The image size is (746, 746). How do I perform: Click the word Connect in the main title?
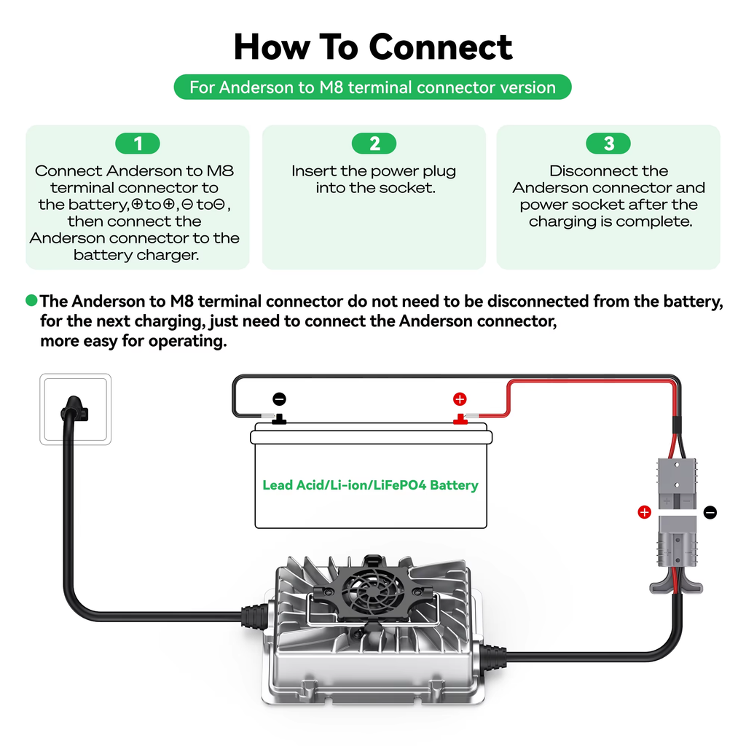coord(440,47)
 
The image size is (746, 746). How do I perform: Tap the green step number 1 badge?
coord(138,144)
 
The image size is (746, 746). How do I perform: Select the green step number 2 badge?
coord(374,144)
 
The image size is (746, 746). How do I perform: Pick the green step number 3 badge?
coord(608,144)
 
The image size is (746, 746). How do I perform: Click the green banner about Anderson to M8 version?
coord(372,87)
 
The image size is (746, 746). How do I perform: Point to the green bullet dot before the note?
coord(31,300)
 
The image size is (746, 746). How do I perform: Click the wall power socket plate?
coord(76,409)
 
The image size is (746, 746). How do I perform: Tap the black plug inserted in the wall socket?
coord(74,410)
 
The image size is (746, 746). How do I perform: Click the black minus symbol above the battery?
coord(279,399)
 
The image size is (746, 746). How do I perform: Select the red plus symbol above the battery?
coord(460,399)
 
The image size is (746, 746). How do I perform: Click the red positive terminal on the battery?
coord(460,419)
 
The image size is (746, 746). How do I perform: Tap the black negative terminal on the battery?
coord(279,419)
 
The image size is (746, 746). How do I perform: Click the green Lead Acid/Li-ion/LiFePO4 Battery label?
coord(370,484)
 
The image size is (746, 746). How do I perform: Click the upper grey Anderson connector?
coord(677,484)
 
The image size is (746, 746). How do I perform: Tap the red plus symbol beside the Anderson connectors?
coord(644,512)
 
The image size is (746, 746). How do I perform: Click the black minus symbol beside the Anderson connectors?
coord(710,512)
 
